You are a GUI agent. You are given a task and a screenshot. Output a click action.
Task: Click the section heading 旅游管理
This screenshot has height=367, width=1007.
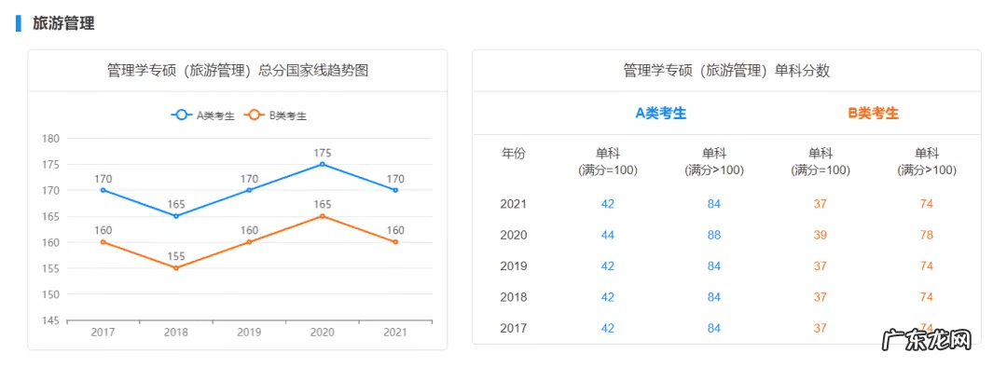point(63,23)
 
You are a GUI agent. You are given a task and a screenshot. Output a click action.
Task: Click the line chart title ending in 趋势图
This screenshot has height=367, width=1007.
point(238,70)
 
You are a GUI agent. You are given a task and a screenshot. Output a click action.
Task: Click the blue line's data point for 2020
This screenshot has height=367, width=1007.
point(323,164)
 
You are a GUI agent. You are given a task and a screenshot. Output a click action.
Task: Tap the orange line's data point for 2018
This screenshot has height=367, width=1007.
point(176,268)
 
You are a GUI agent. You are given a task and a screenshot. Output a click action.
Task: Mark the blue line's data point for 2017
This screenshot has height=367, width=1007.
point(103,190)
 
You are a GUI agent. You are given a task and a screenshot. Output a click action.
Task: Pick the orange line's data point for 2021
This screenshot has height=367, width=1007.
point(395,242)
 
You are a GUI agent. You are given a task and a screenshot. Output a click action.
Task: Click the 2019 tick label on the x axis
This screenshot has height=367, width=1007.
point(249,333)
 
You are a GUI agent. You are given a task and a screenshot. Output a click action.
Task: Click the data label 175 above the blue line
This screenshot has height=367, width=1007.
point(323,153)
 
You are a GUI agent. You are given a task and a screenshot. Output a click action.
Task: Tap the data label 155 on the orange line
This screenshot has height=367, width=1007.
point(176,256)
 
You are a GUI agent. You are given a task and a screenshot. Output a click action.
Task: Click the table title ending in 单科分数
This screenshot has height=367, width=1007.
point(726,70)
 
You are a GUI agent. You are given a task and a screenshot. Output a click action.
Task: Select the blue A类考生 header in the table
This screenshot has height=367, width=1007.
point(661,113)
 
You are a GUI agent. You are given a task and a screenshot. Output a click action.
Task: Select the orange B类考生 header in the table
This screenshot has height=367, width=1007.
point(874,113)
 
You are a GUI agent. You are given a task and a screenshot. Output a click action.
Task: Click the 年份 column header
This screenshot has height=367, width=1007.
point(514,154)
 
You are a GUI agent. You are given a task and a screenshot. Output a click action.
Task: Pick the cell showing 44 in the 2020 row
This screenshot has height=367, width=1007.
point(608,235)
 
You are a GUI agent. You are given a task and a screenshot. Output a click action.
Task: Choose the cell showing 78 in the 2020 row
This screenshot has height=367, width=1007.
point(927,235)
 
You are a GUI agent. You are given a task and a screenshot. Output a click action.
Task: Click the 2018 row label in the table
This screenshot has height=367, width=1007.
point(514,297)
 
